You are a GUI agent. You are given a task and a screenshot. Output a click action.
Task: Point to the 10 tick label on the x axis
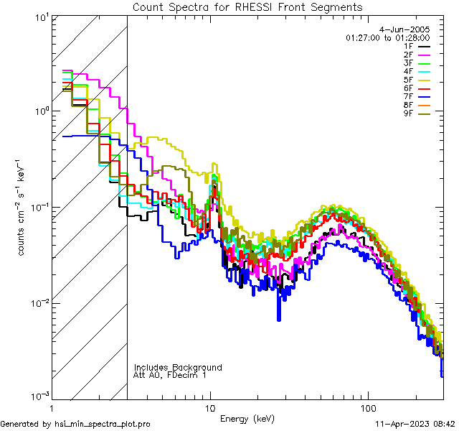[x=210, y=407]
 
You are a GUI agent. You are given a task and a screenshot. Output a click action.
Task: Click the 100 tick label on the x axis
[x=367, y=407]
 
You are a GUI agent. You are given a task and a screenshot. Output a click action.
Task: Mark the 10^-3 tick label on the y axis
[x=39, y=395]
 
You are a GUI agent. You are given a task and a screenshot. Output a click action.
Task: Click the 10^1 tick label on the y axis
[x=41, y=16]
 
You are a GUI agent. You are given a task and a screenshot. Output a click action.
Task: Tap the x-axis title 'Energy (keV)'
[x=247, y=418]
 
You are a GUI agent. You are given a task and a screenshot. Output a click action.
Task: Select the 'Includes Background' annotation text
[x=178, y=367]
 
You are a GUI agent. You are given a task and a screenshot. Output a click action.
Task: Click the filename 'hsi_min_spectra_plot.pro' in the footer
[x=103, y=425]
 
